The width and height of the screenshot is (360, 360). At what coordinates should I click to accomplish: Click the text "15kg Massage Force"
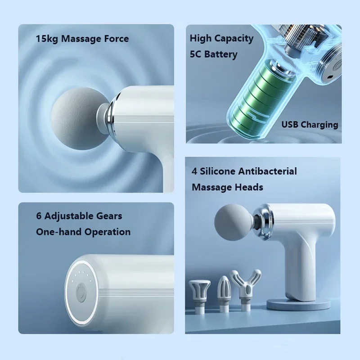tap(82, 39)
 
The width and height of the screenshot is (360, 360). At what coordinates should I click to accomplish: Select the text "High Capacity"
tap(221, 38)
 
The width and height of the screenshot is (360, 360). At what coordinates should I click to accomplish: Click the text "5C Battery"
tap(213, 54)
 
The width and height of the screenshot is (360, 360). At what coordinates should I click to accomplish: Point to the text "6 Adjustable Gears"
tap(79, 216)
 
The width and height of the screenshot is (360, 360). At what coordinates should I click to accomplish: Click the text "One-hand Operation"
tap(83, 232)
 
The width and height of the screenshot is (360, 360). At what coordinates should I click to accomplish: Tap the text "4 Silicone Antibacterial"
tap(244, 171)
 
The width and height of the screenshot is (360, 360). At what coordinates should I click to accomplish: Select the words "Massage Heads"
tap(227, 187)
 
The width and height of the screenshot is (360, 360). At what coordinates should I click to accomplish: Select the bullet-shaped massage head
tap(224, 290)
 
